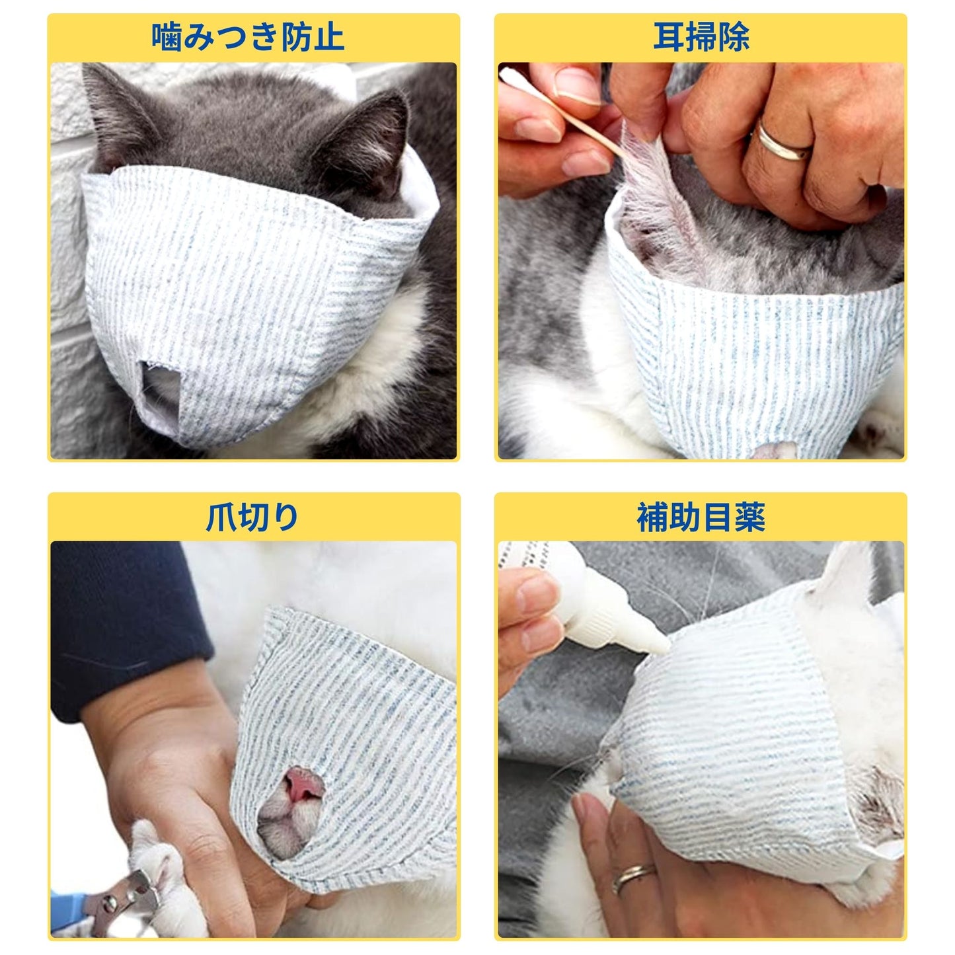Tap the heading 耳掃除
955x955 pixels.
click(701, 37)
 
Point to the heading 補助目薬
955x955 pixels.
click(701, 517)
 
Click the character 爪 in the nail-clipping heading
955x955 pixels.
click(221, 518)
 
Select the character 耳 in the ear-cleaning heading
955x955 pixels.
click(669, 37)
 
